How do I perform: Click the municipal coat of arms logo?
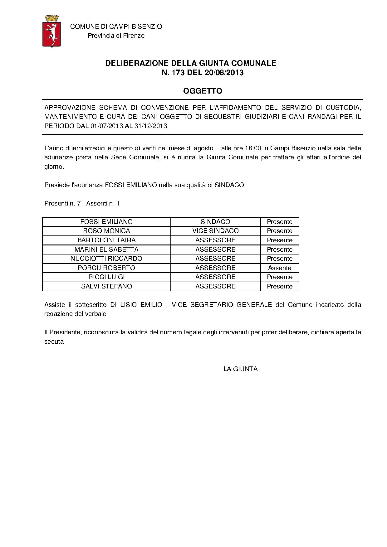[51, 31]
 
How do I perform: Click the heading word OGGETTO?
[203, 91]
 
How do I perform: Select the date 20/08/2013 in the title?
[224, 73]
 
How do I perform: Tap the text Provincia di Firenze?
[116, 36]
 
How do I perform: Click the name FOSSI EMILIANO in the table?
[106, 222]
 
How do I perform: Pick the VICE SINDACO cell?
[215, 231]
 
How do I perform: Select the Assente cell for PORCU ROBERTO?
[280, 268]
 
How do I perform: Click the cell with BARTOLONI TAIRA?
[106, 240]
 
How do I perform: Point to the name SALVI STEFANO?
[106, 286]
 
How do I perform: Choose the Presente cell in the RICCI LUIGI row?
[280, 277]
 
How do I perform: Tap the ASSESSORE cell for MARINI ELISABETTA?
[215, 249]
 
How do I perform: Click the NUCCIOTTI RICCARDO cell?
[106, 259]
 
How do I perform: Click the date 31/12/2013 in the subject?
[153, 126]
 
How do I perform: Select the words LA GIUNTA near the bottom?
[240, 369]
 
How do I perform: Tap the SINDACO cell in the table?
[215, 222]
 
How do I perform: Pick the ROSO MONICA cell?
[106, 231]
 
